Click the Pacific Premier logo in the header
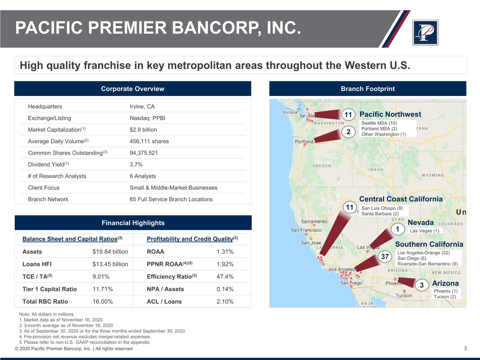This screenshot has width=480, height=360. point(425,33)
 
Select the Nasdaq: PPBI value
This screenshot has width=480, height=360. point(147,118)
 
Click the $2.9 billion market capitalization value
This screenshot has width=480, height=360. point(143,130)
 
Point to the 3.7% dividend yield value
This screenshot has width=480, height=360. point(136,165)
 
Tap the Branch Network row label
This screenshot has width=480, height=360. point(48,199)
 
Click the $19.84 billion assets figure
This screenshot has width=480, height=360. point(110,252)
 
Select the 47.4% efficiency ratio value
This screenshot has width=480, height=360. point(225,276)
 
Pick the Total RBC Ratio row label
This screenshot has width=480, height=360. point(45,301)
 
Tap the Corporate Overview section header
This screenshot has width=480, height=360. point(133,89)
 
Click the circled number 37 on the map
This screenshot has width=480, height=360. point(385,256)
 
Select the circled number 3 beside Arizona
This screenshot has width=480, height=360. point(422,285)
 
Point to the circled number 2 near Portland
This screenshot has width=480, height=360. point(348,132)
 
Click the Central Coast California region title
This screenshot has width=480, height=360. point(401,199)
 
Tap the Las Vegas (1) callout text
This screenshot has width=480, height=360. point(424,231)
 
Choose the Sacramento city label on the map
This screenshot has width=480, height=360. point(314,221)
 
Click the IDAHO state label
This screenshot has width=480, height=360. point(376,169)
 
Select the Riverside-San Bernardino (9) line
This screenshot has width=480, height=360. point(428,264)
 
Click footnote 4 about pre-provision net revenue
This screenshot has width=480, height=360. point(85,336)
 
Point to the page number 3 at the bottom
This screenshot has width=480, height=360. point(465,348)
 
